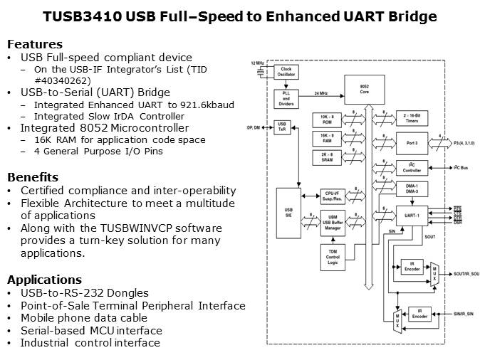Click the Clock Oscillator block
pyautogui.click(x=287, y=71)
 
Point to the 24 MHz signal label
pyautogui.click(x=320, y=93)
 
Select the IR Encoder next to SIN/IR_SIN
pyautogui.click(x=420, y=314)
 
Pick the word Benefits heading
pyautogui.click(x=33, y=177)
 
